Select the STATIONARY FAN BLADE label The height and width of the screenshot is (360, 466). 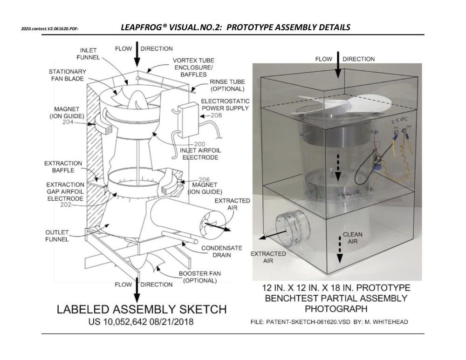point(68,75)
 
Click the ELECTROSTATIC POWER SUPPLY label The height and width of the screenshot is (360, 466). point(225,104)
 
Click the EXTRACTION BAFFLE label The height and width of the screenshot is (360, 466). point(63,167)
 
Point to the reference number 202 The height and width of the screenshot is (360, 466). point(65,205)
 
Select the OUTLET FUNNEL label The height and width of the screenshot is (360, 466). point(57,236)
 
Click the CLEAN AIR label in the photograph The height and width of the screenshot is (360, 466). point(352,238)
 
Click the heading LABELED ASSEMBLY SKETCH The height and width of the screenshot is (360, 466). point(141,310)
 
